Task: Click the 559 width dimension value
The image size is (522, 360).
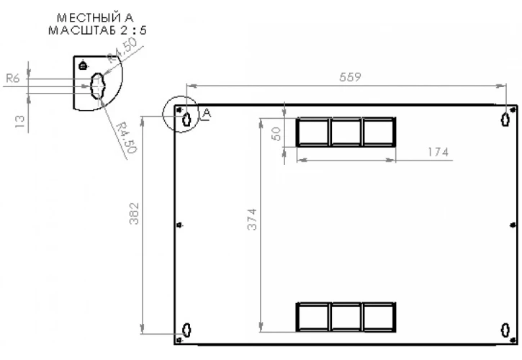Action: point(350,77)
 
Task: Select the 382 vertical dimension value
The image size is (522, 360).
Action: point(134,213)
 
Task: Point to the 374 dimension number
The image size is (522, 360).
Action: point(252,219)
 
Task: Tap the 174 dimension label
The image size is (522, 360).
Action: point(438,152)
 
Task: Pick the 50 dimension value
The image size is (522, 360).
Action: point(276,134)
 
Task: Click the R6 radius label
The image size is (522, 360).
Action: point(13,78)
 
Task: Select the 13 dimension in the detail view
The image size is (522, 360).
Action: point(20,122)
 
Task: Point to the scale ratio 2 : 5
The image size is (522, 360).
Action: point(133,30)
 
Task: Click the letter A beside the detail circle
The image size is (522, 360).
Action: point(207,114)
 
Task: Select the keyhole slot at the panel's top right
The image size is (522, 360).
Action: point(505,120)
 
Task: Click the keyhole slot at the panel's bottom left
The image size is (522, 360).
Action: point(186,330)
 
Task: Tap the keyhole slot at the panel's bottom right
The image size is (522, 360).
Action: point(505,330)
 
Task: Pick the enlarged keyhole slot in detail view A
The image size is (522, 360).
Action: point(97,86)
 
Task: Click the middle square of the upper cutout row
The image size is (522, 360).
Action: point(346,132)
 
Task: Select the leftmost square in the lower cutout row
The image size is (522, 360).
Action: point(313,317)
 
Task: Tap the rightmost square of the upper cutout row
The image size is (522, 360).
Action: point(379,132)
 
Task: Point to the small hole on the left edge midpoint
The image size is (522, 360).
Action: point(179,225)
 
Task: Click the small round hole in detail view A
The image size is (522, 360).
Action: point(83,66)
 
